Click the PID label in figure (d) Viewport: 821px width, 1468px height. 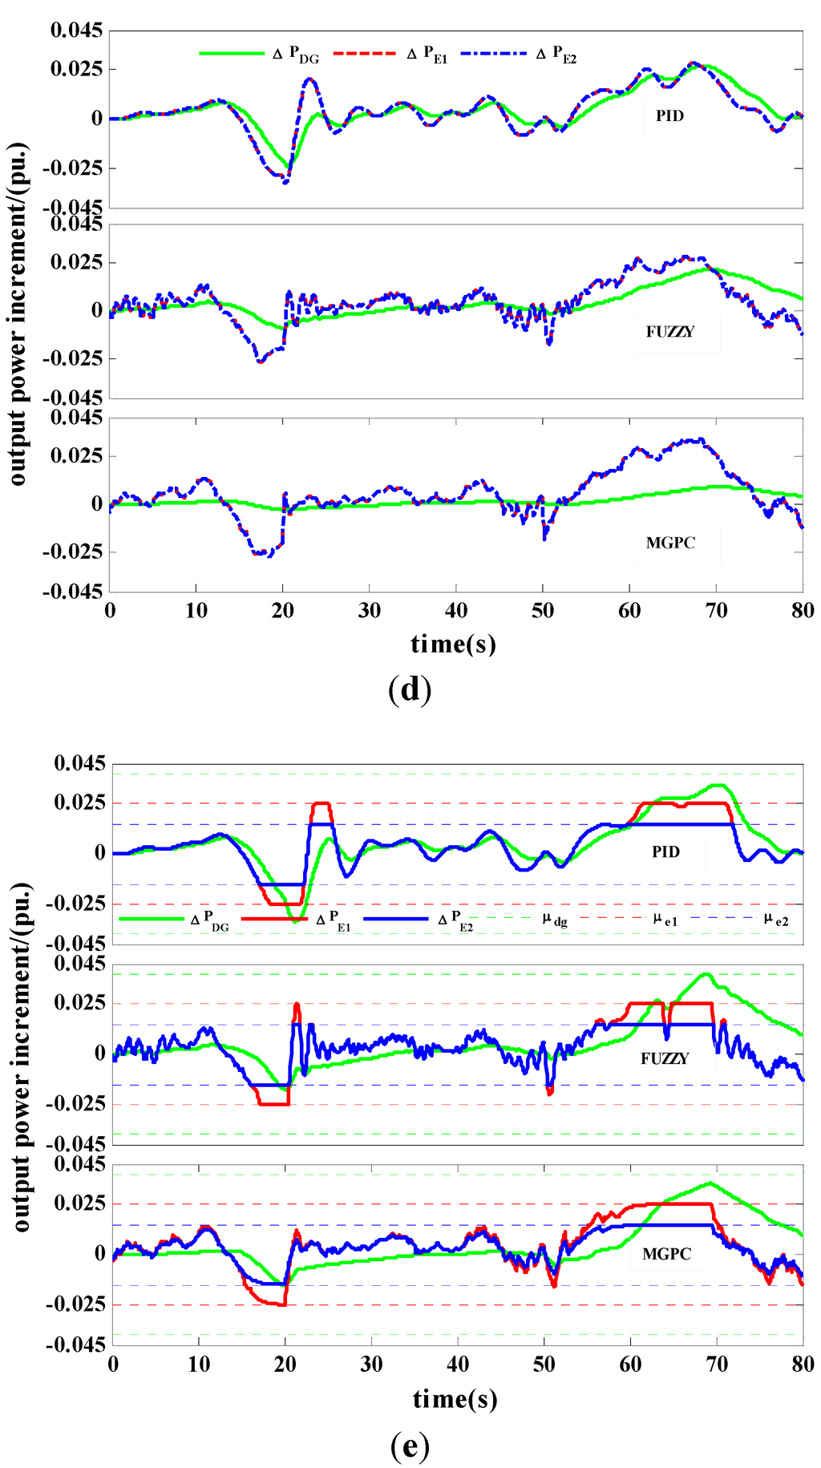[669, 116]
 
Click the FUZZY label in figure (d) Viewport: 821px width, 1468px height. [670, 331]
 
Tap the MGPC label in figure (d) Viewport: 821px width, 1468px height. [670, 543]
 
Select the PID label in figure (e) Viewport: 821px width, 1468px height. [665, 851]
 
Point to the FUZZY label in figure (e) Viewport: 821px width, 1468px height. [665, 1058]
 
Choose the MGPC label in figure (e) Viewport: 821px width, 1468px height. [666, 1254]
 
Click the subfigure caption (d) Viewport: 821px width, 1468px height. [410, 689]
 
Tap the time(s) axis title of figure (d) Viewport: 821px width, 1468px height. [454, 644]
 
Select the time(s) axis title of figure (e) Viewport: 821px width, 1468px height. [455, 1399]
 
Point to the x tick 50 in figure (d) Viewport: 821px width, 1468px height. [543, 611]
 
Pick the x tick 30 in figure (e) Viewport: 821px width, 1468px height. [371, 1365]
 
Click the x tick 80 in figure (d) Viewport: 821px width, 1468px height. [802, 611]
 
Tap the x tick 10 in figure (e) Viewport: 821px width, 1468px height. [199, 1365]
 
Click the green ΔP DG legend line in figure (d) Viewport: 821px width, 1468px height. [232, 53]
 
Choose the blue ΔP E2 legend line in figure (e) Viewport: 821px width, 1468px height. [396, 919]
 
